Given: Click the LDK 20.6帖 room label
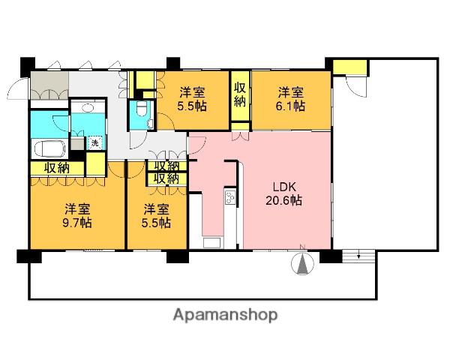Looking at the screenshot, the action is point(283,193).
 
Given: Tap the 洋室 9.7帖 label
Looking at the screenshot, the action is point(77,215).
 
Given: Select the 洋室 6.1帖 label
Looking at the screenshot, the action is point(291,99).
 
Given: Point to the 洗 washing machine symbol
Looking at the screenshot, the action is point(94,142).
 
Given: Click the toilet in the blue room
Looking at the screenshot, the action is point(141,109).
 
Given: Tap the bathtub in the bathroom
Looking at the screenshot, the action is point(49,148).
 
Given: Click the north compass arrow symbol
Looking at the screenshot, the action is point(302,262).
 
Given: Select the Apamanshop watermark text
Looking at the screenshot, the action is point(225,315).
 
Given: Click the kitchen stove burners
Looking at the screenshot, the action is point(230,198).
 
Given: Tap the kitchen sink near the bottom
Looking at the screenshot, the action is point(212,243).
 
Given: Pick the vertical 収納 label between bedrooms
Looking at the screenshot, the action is point(240,94).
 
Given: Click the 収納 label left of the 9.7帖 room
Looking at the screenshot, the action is point(57,168).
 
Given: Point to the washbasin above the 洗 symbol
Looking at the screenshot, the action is point(87,108).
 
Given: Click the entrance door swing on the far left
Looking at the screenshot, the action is point(18,88).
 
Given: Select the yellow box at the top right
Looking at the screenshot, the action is point(349,67).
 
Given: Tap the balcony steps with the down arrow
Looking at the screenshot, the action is point(358,256).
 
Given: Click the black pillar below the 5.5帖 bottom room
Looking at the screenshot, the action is point(178,256).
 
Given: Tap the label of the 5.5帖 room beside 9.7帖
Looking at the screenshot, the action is point(157,215).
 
